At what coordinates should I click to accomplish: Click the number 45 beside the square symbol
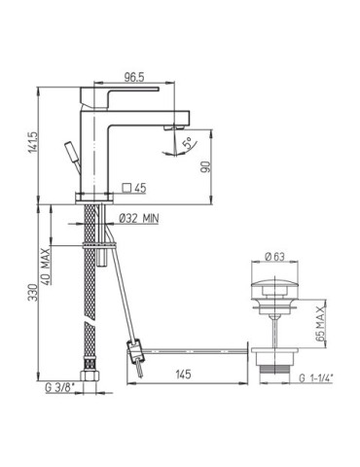[x=141, y=189]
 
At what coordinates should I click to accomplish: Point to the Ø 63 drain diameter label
[x=275, y=257]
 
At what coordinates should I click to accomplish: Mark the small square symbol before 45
[x=126, y=189]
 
